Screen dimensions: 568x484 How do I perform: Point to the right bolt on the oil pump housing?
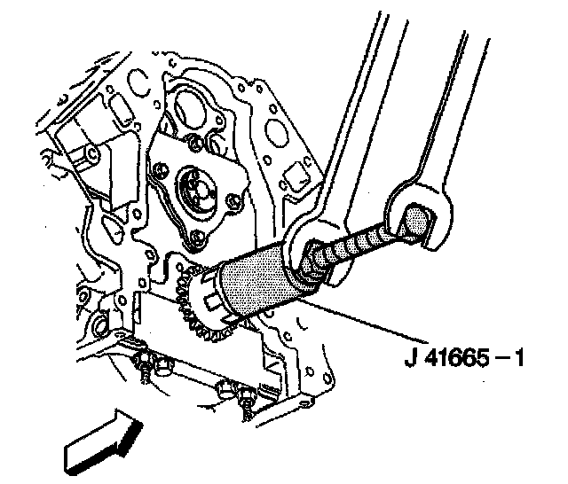232,203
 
